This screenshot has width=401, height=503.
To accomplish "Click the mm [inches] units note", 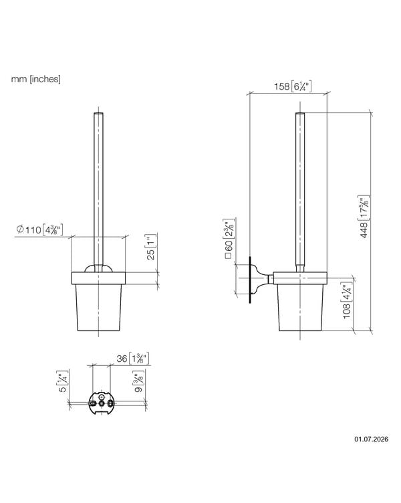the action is click(35, 79).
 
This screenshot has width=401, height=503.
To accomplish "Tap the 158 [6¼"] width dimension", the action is click(293, 86).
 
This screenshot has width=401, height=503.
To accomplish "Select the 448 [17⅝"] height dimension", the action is click(364, 217).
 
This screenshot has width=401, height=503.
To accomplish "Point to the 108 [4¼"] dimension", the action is click(347, 301).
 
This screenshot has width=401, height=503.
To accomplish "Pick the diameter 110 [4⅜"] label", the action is click(40, 229).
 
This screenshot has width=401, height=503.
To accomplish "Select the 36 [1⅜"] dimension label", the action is click(133, 359).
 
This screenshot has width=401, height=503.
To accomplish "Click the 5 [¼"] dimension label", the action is click(63, 381).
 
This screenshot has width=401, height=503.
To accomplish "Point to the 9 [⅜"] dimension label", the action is click(139, 381).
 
